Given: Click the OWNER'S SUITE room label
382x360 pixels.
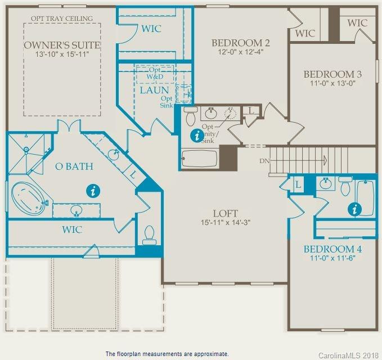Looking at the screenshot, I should click(62, 45).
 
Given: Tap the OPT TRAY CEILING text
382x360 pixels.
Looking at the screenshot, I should click(62, 19).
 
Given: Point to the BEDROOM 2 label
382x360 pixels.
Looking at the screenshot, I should click(241, 43).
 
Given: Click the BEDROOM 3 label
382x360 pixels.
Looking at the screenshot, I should click(332, 74).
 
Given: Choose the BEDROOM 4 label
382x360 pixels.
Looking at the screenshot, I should click(332, 249).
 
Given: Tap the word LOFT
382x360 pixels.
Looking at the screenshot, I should click(225, 214).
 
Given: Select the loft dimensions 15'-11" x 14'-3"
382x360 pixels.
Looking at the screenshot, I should click(225, 223).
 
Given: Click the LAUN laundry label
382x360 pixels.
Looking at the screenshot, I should click(154, 90).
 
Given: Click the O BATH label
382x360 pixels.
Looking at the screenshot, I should click(74, 166).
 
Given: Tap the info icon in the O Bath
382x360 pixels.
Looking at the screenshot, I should click(93, 191).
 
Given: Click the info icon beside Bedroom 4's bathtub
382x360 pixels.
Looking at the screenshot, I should click(354, 209).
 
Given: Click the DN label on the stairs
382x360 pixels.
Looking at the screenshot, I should click(266, 161).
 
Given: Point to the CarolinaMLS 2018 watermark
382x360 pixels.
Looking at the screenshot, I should click(349, 355).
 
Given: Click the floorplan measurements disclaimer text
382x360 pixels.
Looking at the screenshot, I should click(167, 354).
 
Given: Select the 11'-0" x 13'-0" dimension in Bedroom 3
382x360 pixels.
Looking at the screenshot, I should click(332, 83).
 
